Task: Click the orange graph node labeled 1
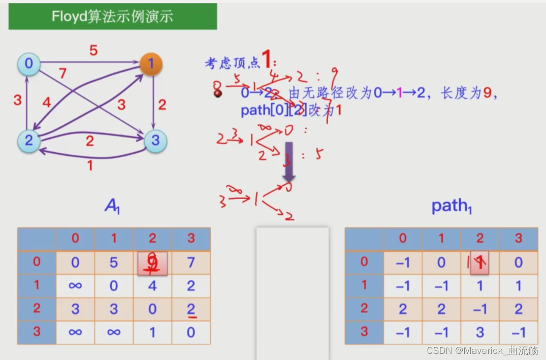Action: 151,64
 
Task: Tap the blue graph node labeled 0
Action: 28,63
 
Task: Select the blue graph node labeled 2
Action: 28,140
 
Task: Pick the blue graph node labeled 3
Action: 155,141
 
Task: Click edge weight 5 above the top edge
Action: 93,51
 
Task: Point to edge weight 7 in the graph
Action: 62,74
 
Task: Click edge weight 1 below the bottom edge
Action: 90,165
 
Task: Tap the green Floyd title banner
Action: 113,16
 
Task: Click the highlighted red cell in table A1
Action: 152,263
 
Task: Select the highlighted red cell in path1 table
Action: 479,263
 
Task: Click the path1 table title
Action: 452,206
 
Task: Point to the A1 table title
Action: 112,206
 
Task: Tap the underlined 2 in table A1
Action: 190,309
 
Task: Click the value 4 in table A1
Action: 152,286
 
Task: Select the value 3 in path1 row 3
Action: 479,333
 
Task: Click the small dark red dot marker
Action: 218,93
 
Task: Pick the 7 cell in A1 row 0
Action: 190,263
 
